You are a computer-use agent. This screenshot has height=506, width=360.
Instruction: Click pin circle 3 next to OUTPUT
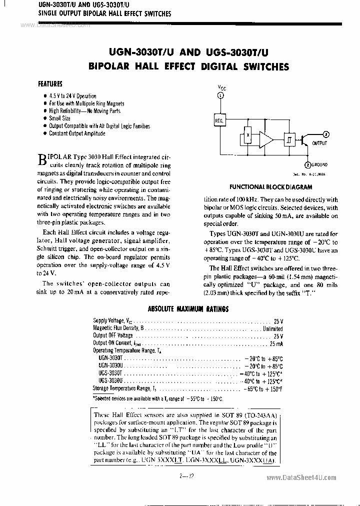tap(325, 134)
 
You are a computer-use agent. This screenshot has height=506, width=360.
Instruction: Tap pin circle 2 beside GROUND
tap(307, 164)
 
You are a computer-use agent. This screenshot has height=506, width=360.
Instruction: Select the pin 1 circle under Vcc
tap(221, 95)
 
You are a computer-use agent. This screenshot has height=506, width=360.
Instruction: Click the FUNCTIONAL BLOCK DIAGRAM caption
tap(270, 187)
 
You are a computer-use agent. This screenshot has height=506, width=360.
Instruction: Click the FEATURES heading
tap(50, 84)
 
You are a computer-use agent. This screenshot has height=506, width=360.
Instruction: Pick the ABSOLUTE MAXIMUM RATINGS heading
tap(188, 309)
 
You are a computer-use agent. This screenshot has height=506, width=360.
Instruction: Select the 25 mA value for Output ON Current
tap(276, 343)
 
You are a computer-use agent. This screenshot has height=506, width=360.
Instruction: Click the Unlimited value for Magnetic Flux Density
tap(272, 328)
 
